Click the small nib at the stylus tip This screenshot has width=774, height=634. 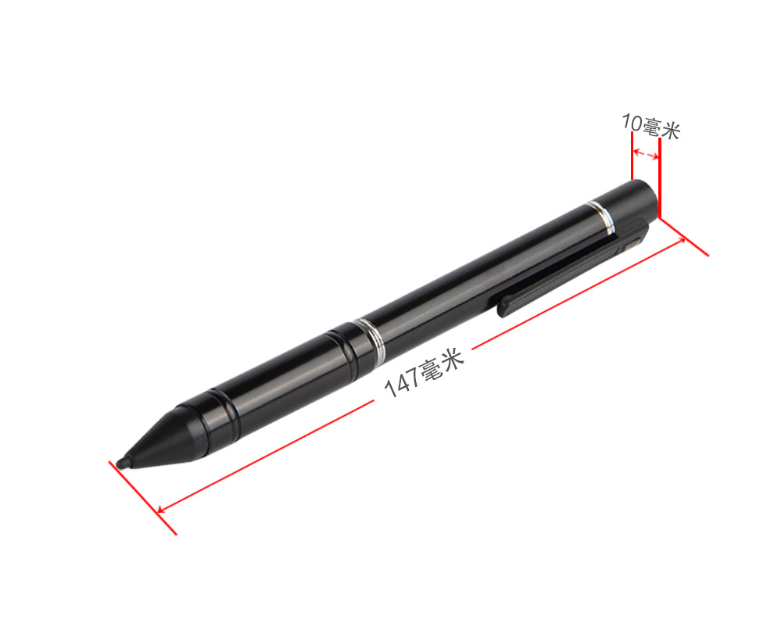coord(124,464)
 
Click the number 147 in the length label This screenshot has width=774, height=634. coord(401,382)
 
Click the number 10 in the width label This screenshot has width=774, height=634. coord(632,122)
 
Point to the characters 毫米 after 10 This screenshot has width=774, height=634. coord(661,129)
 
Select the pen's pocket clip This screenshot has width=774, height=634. coord(572,269)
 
